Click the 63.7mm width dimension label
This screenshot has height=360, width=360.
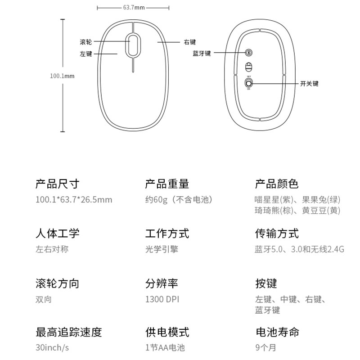[134, 8]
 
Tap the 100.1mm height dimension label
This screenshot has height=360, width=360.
[62, 76]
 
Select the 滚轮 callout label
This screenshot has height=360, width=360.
[85, 42]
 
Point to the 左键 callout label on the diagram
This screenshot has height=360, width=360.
[85, 54]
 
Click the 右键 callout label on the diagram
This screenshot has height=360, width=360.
[190, 42]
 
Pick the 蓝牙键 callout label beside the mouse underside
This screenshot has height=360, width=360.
[202, 53]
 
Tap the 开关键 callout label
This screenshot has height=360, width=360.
[309, 84]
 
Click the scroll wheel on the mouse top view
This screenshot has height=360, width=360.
[133, 45]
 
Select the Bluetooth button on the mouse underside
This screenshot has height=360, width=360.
[248, 53]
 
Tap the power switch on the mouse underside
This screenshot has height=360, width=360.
[248, 83]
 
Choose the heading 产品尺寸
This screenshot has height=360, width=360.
[58, 184]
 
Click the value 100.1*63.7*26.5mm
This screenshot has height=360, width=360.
[74, 199]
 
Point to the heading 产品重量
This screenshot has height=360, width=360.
[167, 184]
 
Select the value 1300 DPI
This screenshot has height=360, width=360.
[162, 299]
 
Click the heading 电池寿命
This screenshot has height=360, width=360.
[277, 332]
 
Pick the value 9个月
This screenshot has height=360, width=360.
[266, 347]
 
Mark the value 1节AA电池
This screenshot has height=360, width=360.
[165, 347]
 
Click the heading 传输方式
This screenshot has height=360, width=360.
[277, 234]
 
